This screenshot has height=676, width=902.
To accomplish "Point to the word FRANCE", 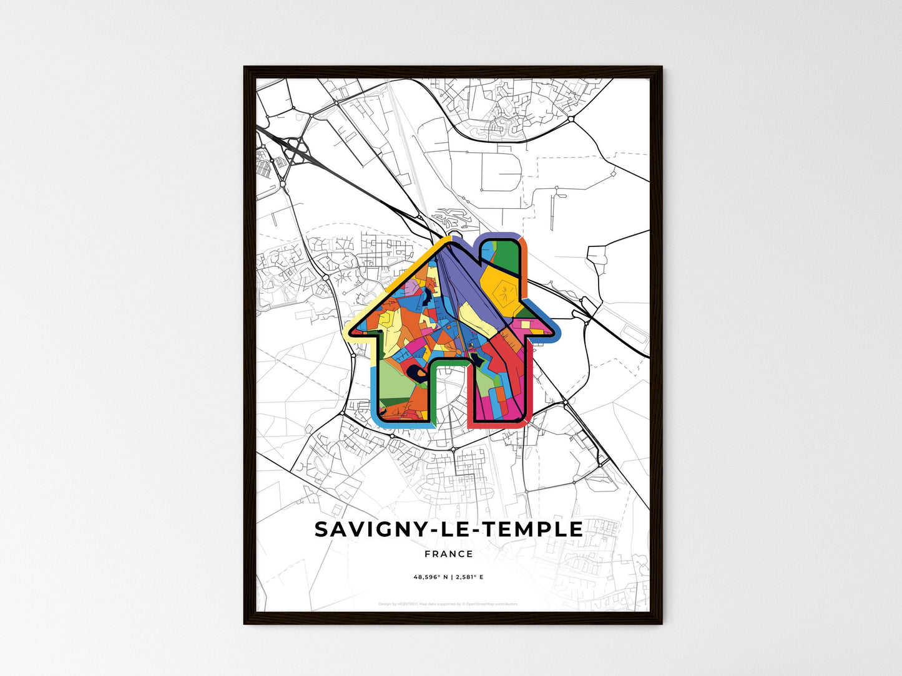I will pos(449,554).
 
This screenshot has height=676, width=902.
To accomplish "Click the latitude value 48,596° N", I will pos(431,577).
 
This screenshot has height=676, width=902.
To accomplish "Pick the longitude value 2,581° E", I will pos(468,577).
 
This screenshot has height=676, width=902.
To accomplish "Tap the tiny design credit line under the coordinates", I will pos(449,604).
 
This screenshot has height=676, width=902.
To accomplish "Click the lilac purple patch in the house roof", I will pos(412,287).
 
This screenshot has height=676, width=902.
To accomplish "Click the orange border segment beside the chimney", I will pos(525,262).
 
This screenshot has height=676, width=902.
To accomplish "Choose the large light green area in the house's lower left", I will pos(393,384).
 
